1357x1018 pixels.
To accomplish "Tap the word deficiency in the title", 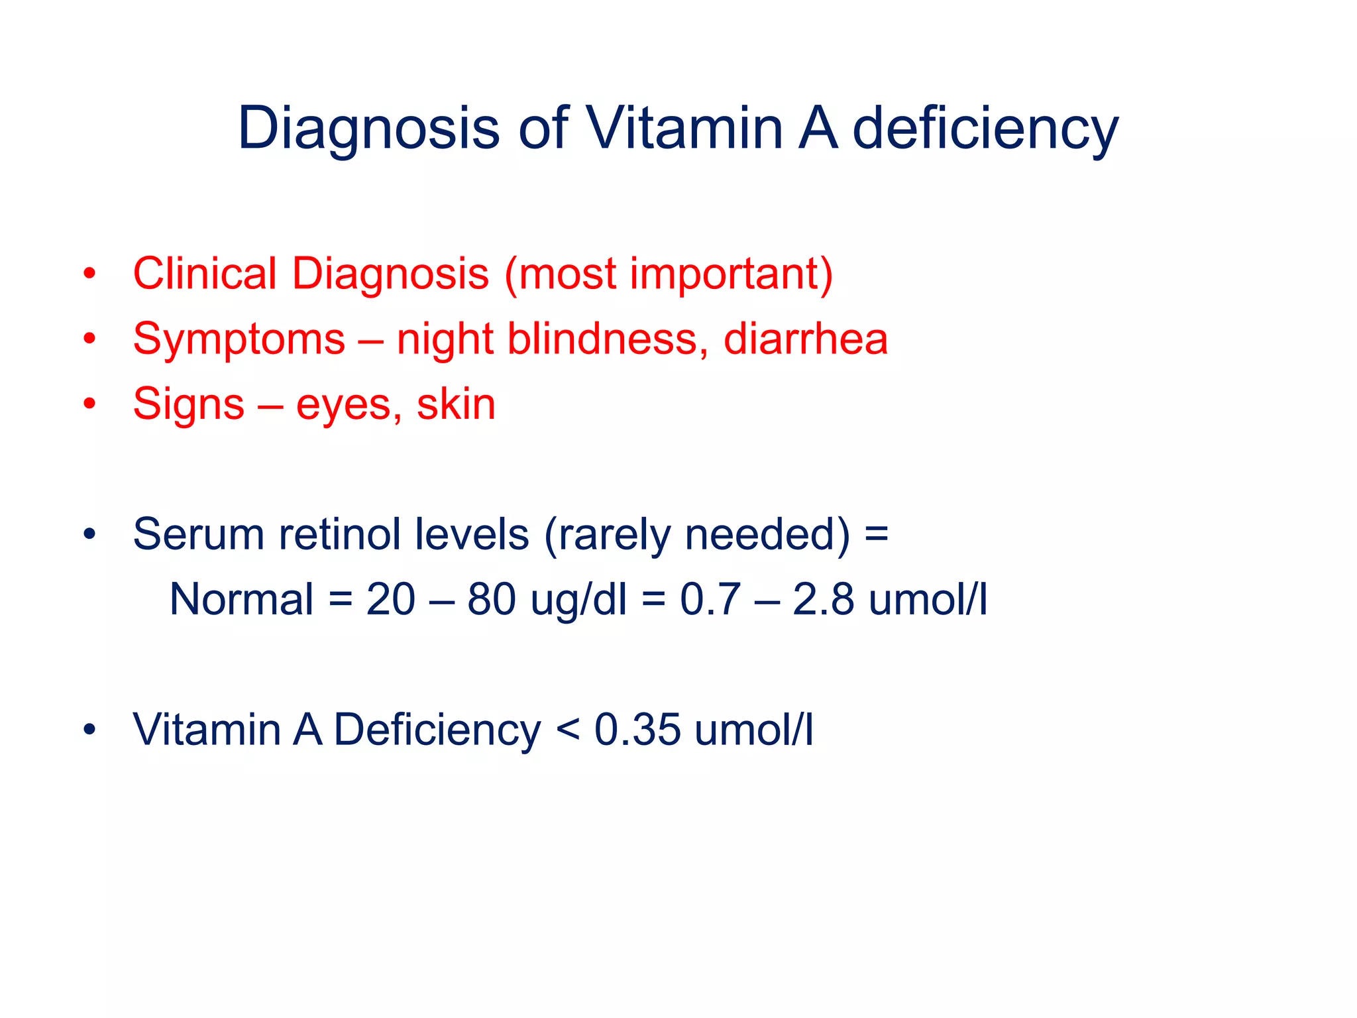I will pos(985,130).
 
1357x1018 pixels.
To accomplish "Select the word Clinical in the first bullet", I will pos(205,273).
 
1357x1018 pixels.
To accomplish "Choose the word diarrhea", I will pos(805,338).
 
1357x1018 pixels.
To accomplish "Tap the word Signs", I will pos(189,405).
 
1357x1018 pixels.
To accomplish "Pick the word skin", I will pos(456,404).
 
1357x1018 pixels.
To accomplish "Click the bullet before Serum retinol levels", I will pos(89,534).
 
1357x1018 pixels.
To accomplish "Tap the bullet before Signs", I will pos(89,404).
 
